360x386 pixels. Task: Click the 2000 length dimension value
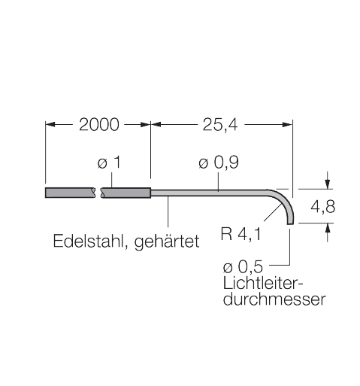pos(99,124)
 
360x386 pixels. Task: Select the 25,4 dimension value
pos(220,125)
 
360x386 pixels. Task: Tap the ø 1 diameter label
pos(109,163)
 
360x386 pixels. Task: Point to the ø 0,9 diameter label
pos(219,163)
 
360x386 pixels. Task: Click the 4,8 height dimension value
pos(322,207)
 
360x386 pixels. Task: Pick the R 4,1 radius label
pos(241,234)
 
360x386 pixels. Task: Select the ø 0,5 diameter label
pos(243,266)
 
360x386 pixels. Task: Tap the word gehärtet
pos(167,242)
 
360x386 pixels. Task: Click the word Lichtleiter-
pos(263,283)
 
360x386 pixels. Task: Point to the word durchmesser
pos(274,299)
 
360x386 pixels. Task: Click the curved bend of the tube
pos(286,201)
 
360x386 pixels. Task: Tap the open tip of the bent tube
pos(290,223)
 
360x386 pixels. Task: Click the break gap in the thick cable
pos(98,193)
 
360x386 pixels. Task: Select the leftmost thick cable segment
pos(70,193)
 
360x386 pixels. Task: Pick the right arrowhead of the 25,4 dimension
pos(287,124)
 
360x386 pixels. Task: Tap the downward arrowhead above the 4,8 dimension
pos(328,184)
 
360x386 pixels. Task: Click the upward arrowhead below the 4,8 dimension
pos(328,228)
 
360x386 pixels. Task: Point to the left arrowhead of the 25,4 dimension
pos(156,124)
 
